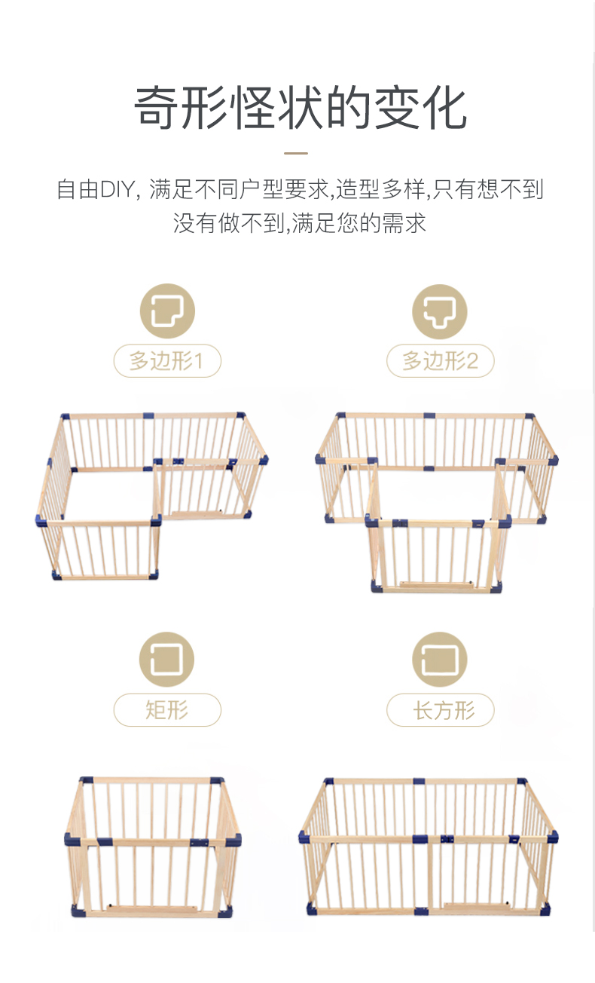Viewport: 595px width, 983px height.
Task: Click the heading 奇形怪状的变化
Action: (x=300, y=108)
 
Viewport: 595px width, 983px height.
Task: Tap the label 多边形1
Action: (x=167, y=361)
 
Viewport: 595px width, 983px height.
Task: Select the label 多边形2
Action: (x=440, y=361)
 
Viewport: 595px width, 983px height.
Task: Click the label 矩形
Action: (x=167, y=710)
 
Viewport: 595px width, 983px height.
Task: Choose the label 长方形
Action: (x=440, y=710)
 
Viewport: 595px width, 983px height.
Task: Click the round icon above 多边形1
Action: (x=167, y=311)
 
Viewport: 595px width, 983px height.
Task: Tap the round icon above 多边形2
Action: (x=439, y=311)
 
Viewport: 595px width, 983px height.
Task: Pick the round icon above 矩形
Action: (x=166, y=660)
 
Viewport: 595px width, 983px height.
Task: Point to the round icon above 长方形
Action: (x=439, y=660)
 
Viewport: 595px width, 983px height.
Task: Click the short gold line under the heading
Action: (x=296, y=154)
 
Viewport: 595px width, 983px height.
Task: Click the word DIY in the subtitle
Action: (x=117, y=189)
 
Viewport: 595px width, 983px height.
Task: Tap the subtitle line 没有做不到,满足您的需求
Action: (x=300, y=223)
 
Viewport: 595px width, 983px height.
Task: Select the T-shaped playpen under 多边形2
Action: (x=437, y=503)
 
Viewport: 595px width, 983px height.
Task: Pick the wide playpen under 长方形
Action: (x=429, y=847)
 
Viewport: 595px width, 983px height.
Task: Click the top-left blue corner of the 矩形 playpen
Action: (x=87, y=780)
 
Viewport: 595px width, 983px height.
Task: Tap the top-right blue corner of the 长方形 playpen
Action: (x=522, y=782)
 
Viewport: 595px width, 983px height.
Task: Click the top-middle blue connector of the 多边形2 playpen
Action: (x=429, y=415)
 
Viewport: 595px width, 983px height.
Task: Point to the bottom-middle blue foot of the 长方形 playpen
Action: (x=421, y=911)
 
